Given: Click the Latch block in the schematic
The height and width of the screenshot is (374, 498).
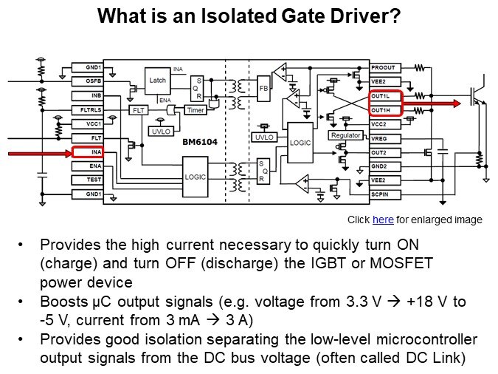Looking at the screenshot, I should (x=157, y=81).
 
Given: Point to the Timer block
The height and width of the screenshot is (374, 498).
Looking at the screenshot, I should (x=196, y=110).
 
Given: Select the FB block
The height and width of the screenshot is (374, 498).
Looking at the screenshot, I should (x=263, y=87).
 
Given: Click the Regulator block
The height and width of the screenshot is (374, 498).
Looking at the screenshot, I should (x=345, y=136).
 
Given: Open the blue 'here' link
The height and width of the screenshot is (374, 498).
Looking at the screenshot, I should (x=383, y=220).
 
